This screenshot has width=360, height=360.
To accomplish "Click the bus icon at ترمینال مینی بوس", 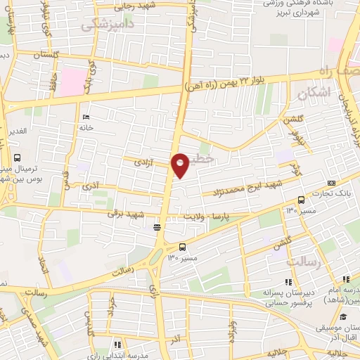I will pyautogui.click(x=17, y=157).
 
